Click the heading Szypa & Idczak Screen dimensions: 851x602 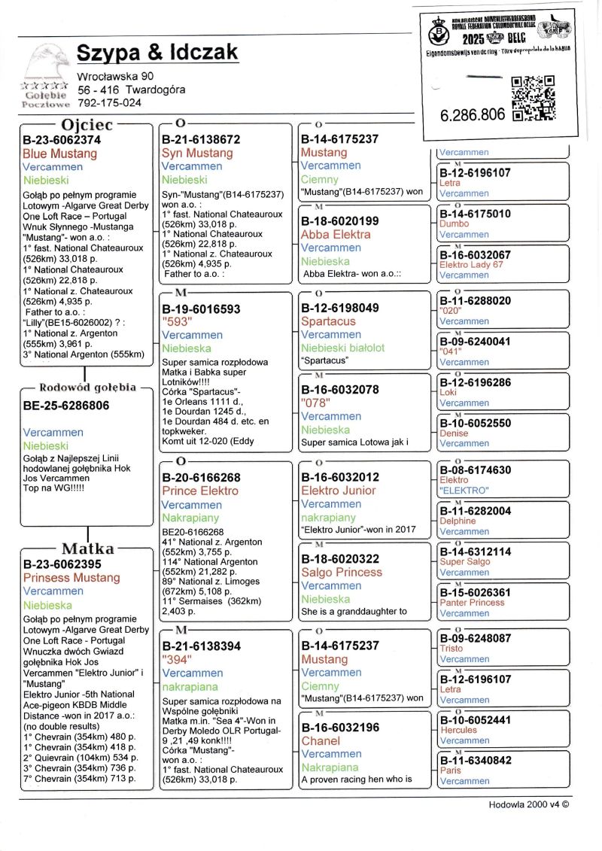[x=157, y=52]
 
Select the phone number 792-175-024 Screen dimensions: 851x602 [x=109, y=102]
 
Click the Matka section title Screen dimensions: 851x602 [x=88, y=549]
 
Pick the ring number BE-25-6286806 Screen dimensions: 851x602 [x=66, y=406]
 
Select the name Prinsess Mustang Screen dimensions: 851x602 [x=71, y=578]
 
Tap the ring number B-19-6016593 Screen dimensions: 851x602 [x=201, y=309]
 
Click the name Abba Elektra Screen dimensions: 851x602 [x=336, y=234]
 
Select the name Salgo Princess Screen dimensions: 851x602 [x=342, y=572]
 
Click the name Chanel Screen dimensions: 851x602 [x=321, y=741]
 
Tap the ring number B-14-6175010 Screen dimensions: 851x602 [x=475, y=214]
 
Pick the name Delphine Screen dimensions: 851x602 [x=458, y=521]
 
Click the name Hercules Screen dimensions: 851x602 [x=458, y=730]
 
